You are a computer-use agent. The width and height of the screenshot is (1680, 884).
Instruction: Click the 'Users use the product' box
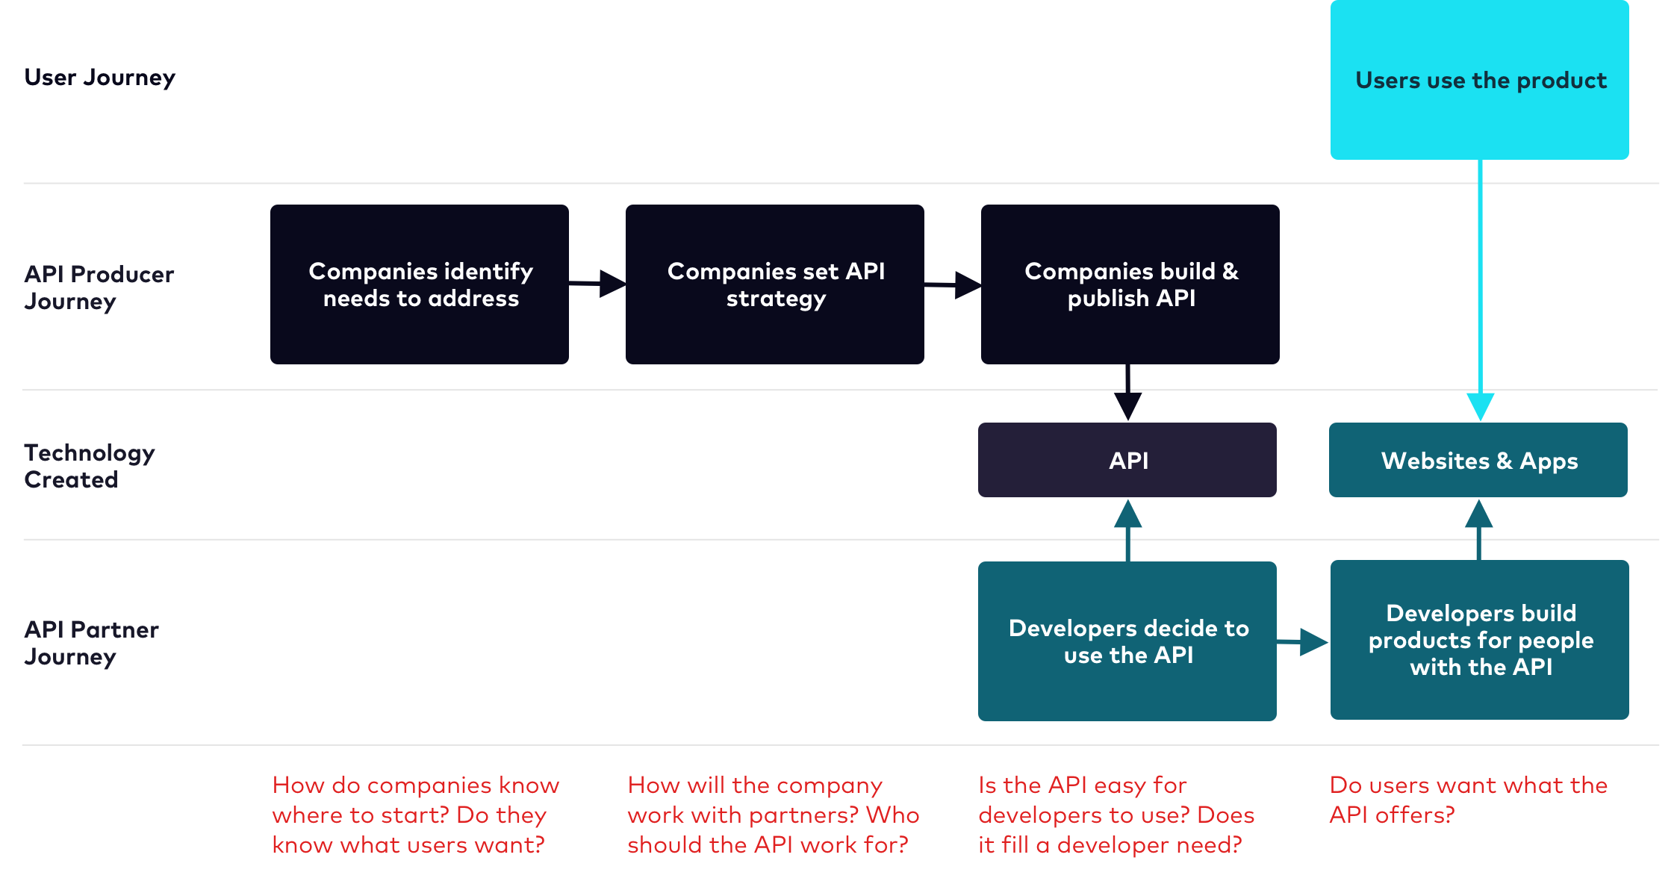point(1479,80)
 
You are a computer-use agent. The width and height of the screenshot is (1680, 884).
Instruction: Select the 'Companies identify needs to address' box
point(420,284)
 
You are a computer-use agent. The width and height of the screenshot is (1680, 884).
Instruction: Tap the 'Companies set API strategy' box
point(775,284)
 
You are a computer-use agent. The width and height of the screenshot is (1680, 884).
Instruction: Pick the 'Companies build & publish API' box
point(1130,284)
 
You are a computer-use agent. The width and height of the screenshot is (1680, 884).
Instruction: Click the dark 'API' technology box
point(1127,460)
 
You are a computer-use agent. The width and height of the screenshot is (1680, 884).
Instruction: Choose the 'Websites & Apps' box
point(1478,460)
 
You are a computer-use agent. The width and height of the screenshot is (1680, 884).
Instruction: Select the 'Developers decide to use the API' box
point(1127,641)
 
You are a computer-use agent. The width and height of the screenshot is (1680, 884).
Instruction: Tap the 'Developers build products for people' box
point(1479,640)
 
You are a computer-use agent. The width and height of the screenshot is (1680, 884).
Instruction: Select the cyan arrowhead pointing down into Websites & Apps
point(1480,407)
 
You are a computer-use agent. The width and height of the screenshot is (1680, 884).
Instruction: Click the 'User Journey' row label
point(100,78)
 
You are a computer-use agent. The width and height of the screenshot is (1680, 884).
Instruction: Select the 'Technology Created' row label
point(90,466)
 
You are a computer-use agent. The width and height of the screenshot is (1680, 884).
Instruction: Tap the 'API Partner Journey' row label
point(91,643)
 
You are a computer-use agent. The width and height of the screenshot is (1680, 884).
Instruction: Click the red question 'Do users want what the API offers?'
point(1468,800)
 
